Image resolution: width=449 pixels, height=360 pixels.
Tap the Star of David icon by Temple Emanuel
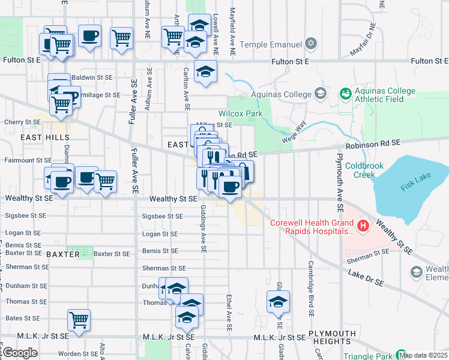(310, 44)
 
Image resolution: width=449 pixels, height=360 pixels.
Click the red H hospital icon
(363, 226)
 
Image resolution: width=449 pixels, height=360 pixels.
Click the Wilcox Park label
(241, 113)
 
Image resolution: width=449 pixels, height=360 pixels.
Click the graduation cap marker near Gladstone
(279, 302)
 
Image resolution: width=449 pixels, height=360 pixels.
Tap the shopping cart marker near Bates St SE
(79, 320)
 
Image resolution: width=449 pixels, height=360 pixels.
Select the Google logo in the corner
(20, 353)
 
